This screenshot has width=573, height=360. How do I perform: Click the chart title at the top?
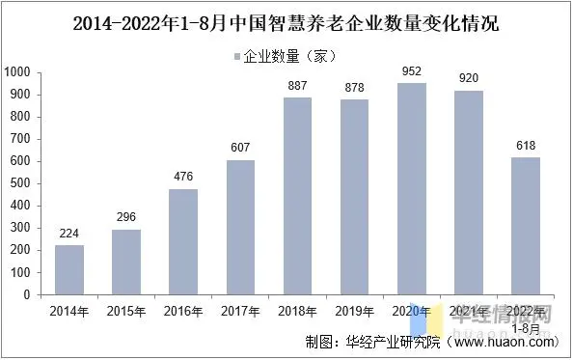286,22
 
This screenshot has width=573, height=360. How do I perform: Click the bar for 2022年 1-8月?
526,226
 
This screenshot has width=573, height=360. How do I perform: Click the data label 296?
125,216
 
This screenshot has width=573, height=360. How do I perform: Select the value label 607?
240,147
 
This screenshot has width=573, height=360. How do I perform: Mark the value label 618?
526,145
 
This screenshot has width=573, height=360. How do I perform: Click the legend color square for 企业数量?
236,56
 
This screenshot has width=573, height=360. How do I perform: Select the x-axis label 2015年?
125,311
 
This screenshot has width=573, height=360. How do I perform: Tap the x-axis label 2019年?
354,311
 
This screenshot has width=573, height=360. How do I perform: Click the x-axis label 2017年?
240,311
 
